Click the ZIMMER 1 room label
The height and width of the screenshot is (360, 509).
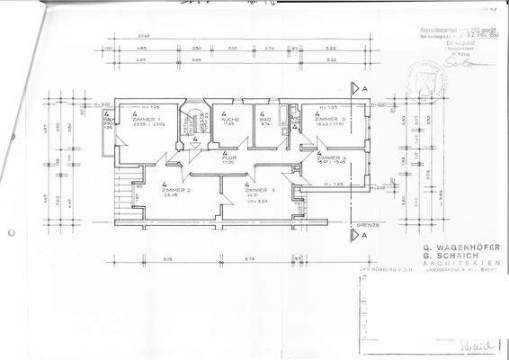(147, 120)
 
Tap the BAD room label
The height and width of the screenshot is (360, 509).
(264, 119)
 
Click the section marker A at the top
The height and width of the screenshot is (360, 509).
(366, 88)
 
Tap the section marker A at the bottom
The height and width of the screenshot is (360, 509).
(366, 235)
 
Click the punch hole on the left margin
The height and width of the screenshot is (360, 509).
(10, 232)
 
